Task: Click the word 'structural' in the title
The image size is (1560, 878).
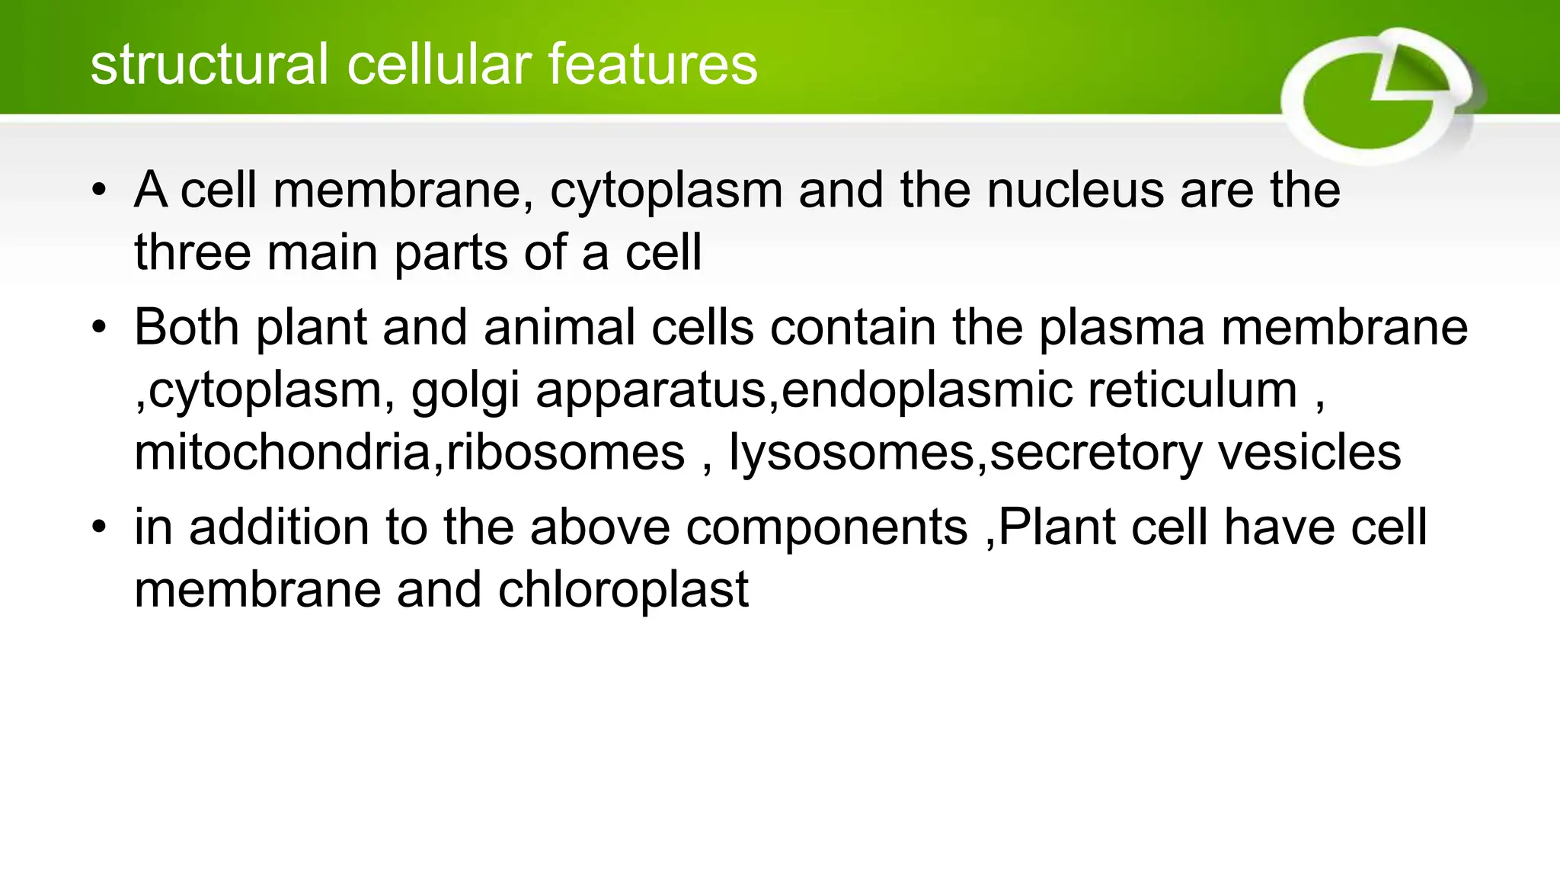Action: click(210, 64)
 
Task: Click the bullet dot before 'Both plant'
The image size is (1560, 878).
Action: click(98, 328)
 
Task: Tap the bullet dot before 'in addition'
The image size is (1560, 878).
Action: click(98, 527)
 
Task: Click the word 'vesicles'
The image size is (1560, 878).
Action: click(1309, 453)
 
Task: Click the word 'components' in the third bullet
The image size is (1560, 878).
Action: click(826, 529)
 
